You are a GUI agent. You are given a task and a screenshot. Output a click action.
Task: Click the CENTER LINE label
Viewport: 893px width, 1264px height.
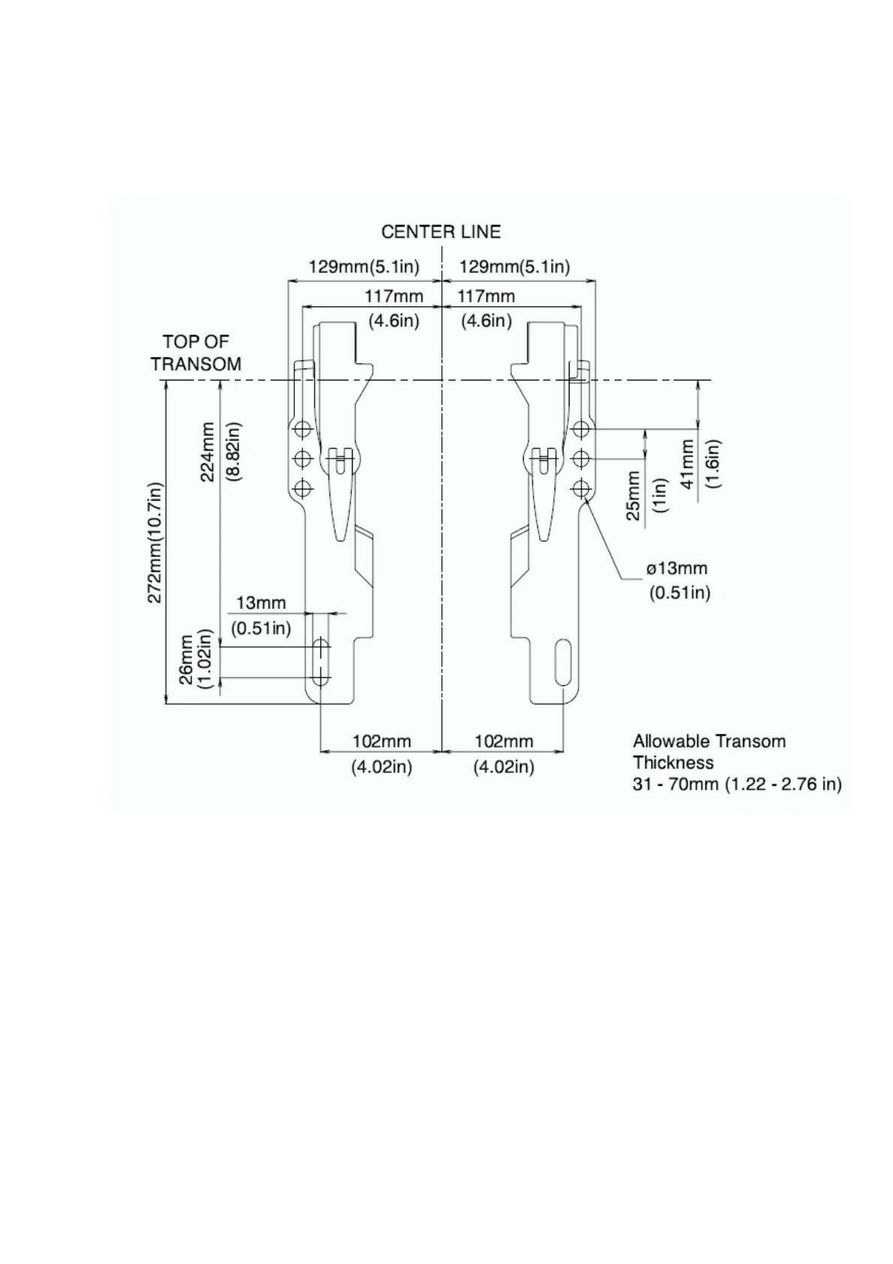(440, 231)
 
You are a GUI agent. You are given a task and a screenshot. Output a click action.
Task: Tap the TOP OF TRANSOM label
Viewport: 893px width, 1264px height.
(196, 353)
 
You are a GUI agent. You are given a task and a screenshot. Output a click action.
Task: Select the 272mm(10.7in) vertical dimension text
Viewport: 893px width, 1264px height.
(155, 542)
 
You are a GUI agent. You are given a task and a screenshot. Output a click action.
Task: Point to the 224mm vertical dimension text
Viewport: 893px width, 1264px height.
(209, 451)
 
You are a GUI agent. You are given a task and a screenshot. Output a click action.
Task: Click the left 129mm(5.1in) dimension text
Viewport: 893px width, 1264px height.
(364, 266)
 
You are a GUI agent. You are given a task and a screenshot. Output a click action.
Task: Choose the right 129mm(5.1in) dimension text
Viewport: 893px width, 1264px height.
(514, 266)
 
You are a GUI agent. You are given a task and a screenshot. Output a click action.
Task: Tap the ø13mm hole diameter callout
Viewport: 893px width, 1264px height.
(677, 569)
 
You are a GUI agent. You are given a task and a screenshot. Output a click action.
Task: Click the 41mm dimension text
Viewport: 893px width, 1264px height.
(687, 464)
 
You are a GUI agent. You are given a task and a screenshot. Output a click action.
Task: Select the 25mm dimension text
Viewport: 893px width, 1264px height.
(634, 495)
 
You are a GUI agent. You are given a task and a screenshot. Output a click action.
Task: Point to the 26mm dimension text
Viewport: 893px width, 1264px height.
(186, 658)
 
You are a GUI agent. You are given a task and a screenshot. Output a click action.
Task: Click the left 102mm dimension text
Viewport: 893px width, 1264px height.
(382, 742)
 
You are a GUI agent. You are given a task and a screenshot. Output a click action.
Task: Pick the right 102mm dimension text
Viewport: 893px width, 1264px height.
(504, 742)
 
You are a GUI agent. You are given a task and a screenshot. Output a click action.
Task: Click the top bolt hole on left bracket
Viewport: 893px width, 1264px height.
(303, 429)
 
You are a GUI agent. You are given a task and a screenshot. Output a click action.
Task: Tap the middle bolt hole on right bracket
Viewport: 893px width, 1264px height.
(580, 458)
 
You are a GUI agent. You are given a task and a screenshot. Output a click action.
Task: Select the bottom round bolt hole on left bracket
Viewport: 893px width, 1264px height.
(303, 489)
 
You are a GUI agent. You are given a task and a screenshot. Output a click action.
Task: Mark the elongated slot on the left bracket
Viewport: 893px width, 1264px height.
(321, 661)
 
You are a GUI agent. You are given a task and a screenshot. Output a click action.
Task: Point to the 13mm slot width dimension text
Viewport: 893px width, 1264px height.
(261, 603)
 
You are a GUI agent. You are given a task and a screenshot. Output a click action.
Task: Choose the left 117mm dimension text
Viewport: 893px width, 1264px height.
(394, 296)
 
